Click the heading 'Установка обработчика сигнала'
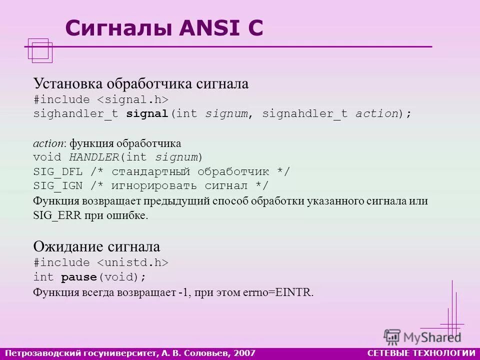tap(140, 83)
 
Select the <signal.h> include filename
tap(132, 99)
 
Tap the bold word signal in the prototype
tap(147, 114)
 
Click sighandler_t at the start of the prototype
tap(75, 114)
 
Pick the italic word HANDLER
tap(94, 157)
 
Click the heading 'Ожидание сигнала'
tap(96, 246)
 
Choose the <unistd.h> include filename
tap(132, 262)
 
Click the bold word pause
tap(78, 277)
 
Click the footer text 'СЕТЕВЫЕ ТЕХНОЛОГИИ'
tap(421, 353)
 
